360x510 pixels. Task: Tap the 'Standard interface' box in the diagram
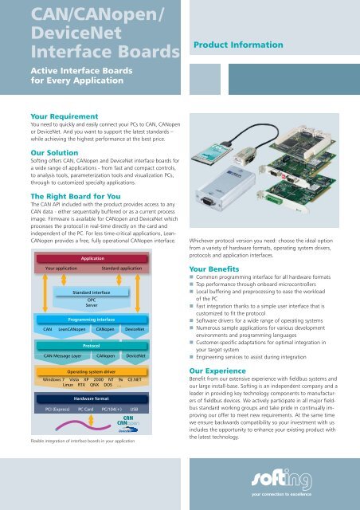click(91, 293)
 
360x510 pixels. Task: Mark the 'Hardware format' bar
click(91, 420)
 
